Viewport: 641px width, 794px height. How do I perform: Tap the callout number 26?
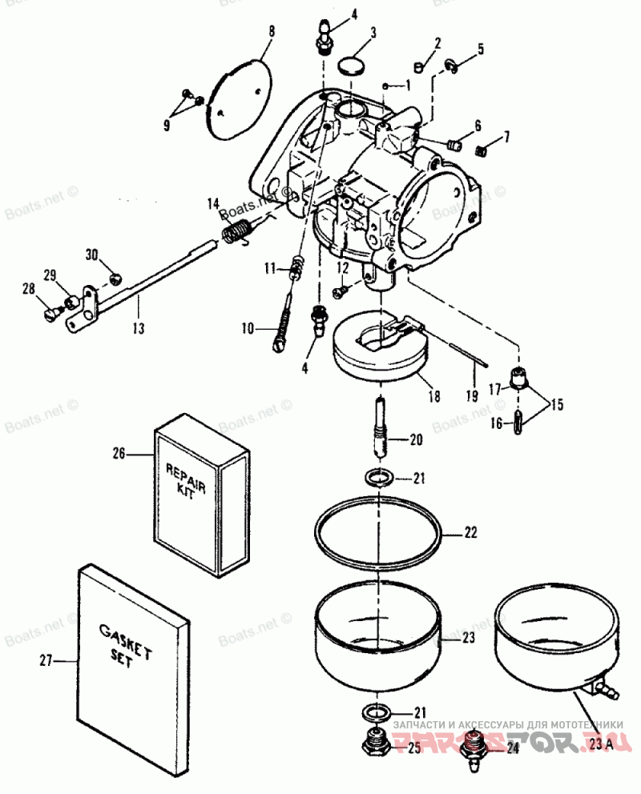pyautogui.click(x=119, y=453)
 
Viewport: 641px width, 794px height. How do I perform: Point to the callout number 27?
pyautogui.click(x=46, y=660)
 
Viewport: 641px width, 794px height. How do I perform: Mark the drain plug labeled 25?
pyautogui.click(x=376, y=746)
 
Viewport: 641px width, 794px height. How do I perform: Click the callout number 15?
pyautogui.click(x=556, y=404)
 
